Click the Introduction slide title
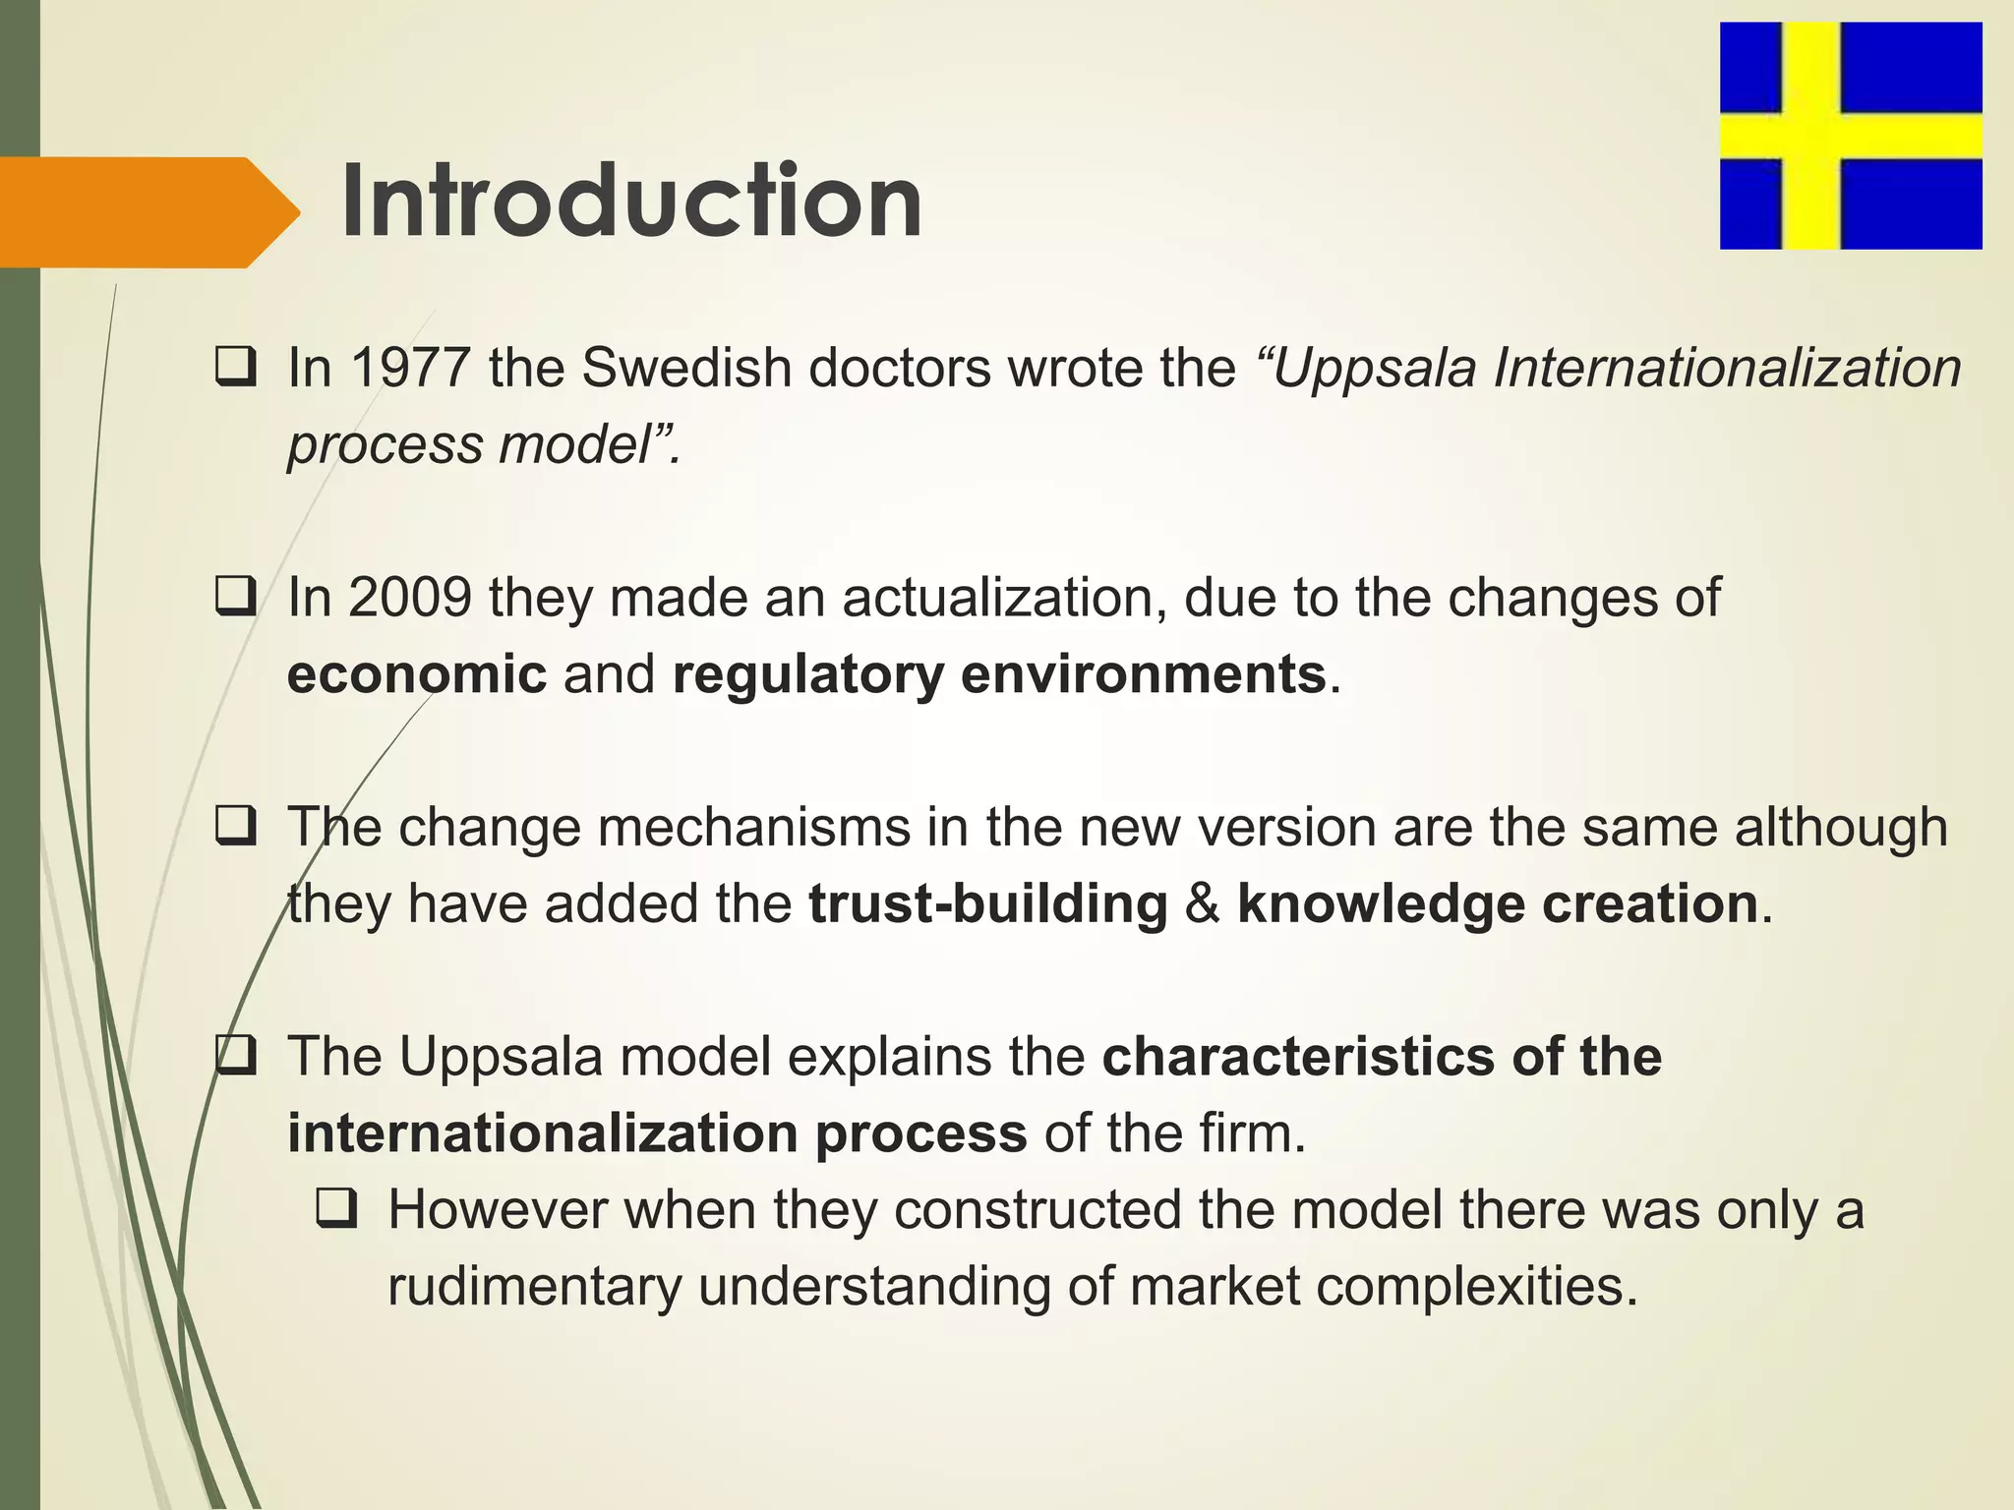pyautogui.click(x=631, y=203)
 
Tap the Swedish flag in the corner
pyautogui.click(x=1850, y=136)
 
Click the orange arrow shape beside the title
pyautogui.click(x=148, y=212)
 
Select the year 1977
pyautogui.click(x=409, y=369)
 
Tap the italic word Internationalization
pyautogui.click(x=1727, y=369)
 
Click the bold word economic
pyautogui.click(x=417, y=674)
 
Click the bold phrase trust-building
pyautogui.click(x=988, y=904)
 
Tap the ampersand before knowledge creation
pyautogui.click(x=1202, y=904)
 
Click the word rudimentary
pyautogui.click(x=534, y=1287)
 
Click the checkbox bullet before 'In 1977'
pyautogui.click(x=236, y=368)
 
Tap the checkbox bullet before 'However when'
pyautogui.click(x=336, y=1209)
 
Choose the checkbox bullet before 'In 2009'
pyautogui.click(x=236, y=597)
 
